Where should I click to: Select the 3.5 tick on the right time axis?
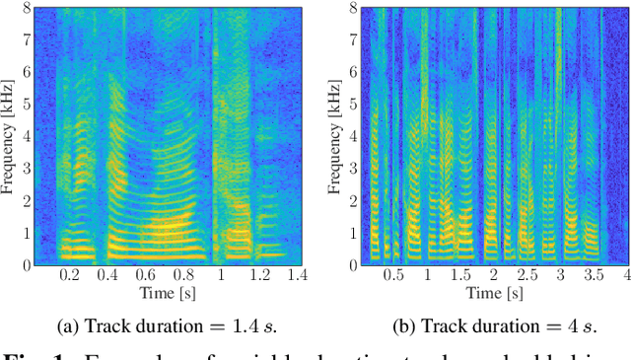[x=594, y=275]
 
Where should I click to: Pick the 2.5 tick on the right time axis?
[x=526, y=275]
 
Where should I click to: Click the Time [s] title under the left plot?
[x=167, y=293]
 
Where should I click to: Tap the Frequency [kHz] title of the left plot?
[x=8, y=136]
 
